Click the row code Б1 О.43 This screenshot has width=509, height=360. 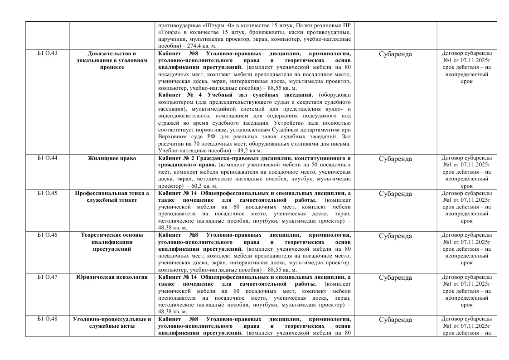coord(47,54)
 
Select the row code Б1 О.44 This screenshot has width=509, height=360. coord(47,159)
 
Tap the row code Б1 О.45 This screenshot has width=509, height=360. coord(47,194)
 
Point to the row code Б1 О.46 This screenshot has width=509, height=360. coord(47,235)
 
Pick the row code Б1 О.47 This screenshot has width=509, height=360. coord(47,277)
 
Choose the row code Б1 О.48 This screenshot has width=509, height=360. coord(47,320)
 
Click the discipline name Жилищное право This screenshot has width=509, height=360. coord(112,159)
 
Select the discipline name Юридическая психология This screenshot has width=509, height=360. coord(112,277)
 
